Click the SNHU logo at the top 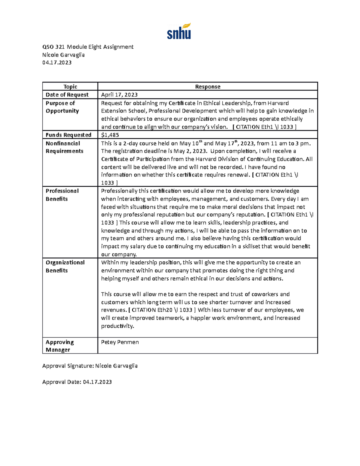point(179,31)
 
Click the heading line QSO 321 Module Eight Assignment point(88,47)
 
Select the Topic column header point(70,86)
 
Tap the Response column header point(208,86)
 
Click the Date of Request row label point(67,95)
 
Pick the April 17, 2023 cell point(119,95)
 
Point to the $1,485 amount point(110,135)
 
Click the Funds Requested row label point(68,135)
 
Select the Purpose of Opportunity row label point(62,107)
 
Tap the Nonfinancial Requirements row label point(64,147)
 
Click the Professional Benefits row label point(62,195)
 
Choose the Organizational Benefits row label point(65,266)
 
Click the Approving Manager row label point(59,346)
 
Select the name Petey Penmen point(120,342)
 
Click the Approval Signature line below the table point(90,365)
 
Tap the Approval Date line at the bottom point(77,382)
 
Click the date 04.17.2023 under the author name point(57,62)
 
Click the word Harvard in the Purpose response point(278,103)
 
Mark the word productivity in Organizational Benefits point(117,326)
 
